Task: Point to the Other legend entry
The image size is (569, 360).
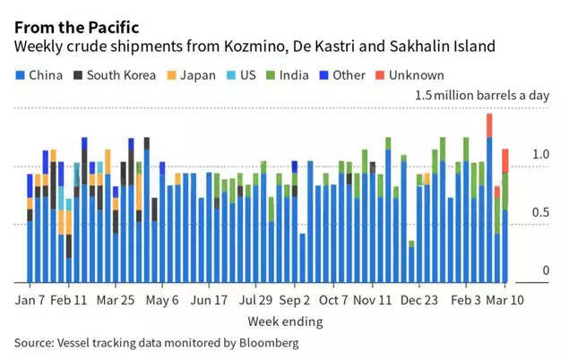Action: click(x=341, y=75)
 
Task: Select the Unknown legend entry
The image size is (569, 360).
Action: click(x=401, y=75)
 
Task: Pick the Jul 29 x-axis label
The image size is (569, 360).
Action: click(x=254, y=300)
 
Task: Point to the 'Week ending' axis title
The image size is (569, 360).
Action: click(x=285, y=321)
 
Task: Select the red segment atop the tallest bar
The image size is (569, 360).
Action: click(x=489, y=125)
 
